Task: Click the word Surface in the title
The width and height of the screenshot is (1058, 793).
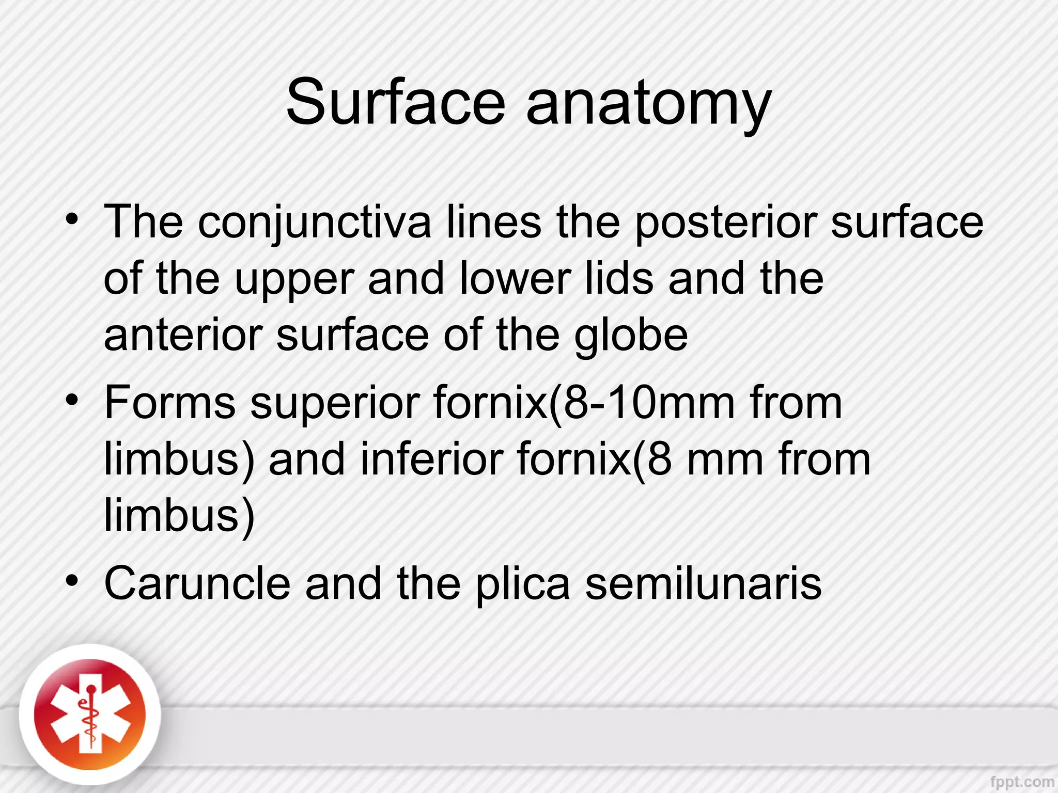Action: (x=395, y=102)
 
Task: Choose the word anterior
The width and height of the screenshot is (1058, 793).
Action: (x=183, y=335)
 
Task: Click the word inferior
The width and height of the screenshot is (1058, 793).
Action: (x=431, y=459)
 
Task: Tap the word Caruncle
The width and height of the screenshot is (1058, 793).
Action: (x=197, y=583)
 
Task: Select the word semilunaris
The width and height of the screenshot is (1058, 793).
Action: (x=703, y=583)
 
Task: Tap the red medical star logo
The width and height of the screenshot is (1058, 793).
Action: (x=90, y=716)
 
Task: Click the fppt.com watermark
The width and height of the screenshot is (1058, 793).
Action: (x=1021, y=782)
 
